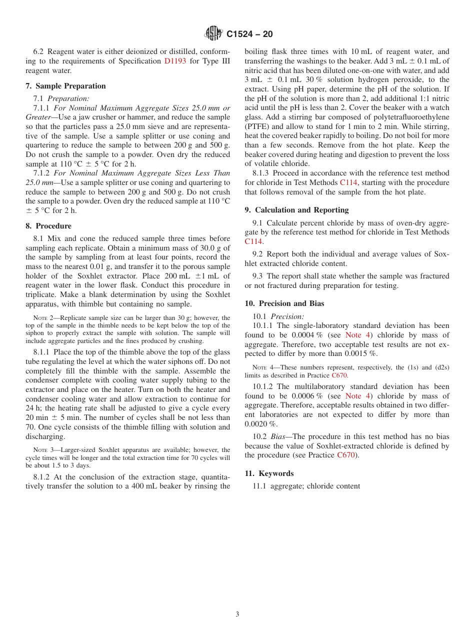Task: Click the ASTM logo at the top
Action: (213, 33)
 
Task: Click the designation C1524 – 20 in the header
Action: (249, 34)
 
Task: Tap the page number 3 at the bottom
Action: (237, 614)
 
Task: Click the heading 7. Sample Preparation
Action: (65, 86)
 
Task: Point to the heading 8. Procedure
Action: (48, 226)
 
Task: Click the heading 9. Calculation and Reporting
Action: (296, 210)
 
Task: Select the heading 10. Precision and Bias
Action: (284, 303)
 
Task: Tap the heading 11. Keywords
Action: (269, 473)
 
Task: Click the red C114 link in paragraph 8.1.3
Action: (348, 182)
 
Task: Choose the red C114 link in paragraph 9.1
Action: (253, 241)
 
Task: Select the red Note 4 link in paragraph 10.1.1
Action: (358, 335)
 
